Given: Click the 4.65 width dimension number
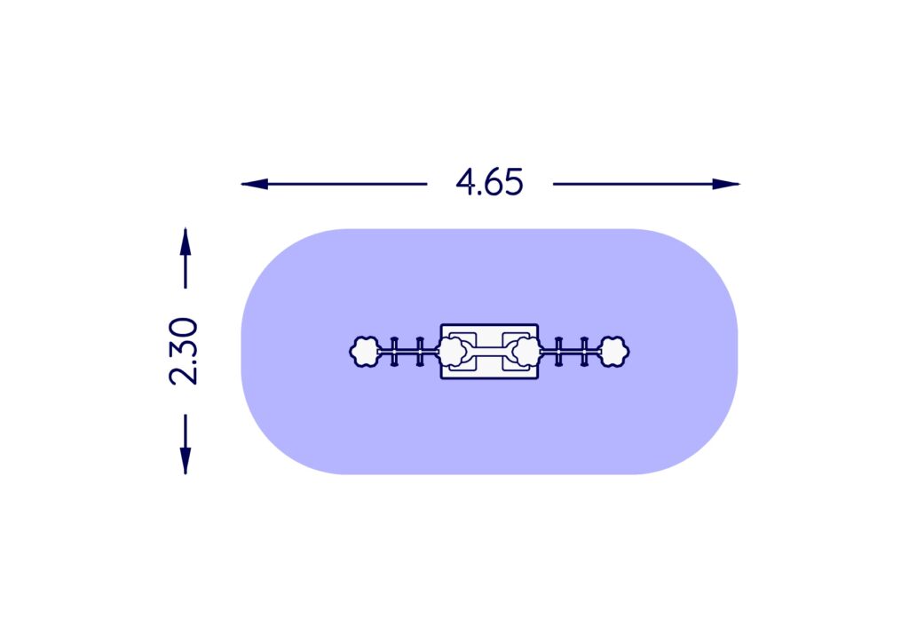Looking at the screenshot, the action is point(489,182).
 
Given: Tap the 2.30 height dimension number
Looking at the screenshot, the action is point(183,352).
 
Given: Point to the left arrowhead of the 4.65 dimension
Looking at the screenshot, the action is point(255,184).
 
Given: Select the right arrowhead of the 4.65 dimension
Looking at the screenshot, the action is point(726,184).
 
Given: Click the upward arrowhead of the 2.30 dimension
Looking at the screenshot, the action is point(185,242).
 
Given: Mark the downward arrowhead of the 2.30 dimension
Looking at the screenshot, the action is point(185,461).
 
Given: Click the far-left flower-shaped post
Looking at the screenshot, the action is point(365,352).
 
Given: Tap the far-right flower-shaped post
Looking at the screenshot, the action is point(614,352).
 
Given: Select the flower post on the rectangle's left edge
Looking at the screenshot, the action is point(452,352).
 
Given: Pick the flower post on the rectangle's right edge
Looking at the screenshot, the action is point(527,352).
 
